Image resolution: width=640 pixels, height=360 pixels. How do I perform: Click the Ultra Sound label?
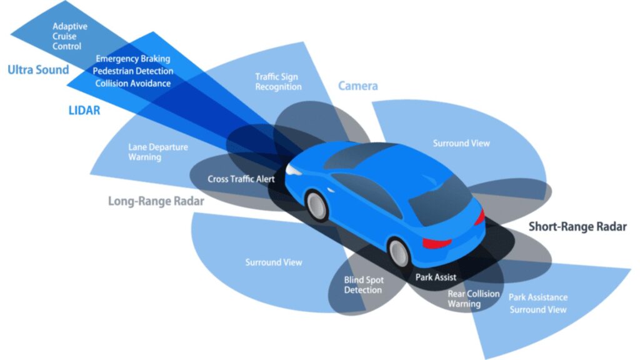(38, 70)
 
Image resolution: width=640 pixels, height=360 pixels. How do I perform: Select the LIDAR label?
(84, 111)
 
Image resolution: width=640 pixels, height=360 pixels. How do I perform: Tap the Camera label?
(358, 86)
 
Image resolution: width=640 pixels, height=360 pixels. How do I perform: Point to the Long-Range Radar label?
(156, 201)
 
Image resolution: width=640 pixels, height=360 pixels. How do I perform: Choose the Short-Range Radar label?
(577, 227)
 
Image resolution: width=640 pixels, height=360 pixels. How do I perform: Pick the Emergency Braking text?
(132, 59)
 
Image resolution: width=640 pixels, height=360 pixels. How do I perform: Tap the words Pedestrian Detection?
(132, 71)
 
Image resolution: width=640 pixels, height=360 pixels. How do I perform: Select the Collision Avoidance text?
(132, 83)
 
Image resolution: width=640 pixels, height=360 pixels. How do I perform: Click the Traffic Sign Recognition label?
(278, 82)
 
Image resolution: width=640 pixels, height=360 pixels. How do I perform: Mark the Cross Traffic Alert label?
(241, 179)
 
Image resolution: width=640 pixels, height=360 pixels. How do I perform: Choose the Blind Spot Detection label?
(363, 285)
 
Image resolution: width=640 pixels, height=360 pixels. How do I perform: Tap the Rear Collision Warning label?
(473, 299)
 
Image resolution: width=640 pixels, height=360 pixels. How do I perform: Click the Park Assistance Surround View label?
(537, 303)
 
